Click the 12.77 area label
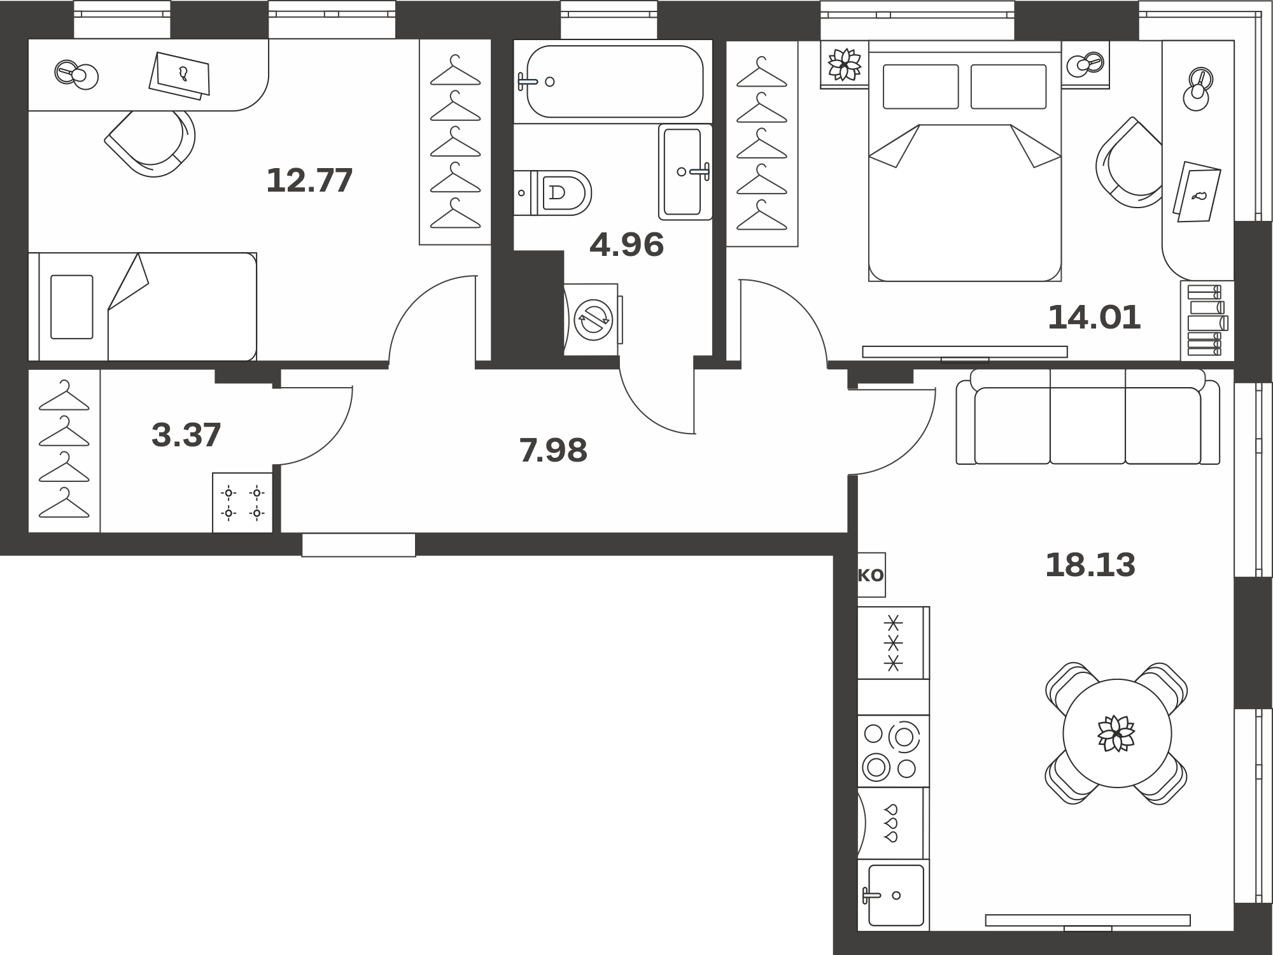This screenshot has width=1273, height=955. point(309,180)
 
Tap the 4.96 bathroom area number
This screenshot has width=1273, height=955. point(626,244)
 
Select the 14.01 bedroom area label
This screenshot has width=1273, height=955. point(1094,317)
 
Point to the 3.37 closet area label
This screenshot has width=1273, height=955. point(186,435)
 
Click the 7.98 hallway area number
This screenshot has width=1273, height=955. point(553,450)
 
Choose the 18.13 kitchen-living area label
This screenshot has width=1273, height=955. point(1090,565)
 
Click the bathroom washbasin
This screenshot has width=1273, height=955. point(686,172)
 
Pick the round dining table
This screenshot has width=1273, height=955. point(1117,733)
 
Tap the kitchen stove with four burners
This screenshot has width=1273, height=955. point(893,751)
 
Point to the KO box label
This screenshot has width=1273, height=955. point(871,575)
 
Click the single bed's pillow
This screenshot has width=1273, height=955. point(72,307)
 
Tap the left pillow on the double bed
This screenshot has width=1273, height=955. point(921,87)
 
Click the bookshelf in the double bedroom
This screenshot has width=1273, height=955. point(1207,321)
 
